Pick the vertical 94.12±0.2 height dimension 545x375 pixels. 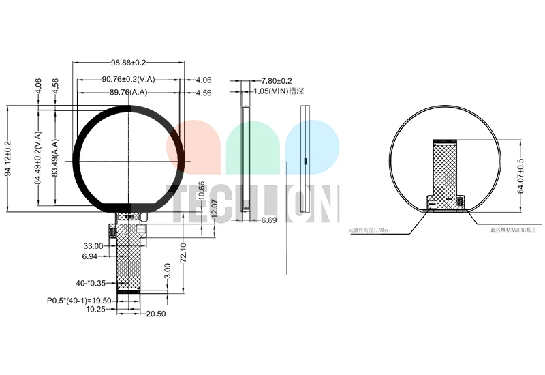pyautogui.click(x=7, y=159)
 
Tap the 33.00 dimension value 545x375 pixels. pyautogui.click(x=93, y=245)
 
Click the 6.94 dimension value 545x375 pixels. pyautogui.click(x=90, y=256)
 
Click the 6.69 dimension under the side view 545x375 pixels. pyautogui.click(x=268, y=220)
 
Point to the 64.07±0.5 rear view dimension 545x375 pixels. pyautogui.click(x=521, y=177)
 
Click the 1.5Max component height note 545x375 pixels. pyautogui.click(x=368, y=230)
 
